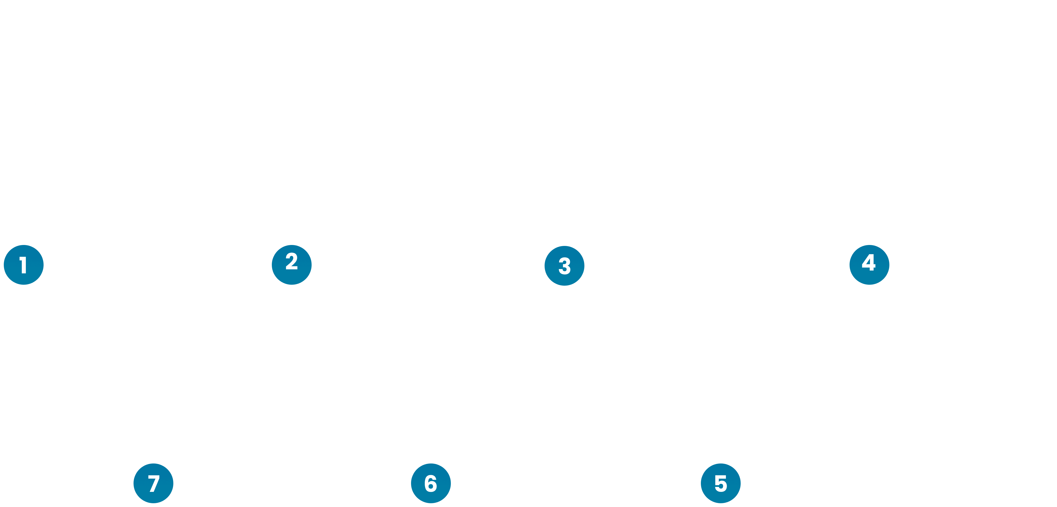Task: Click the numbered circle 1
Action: pyautogui.click(x=23, y=265)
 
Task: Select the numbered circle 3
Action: pyautogui.click(x=564, y=266)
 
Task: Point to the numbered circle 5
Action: pyautogui.click(x=721, y=484)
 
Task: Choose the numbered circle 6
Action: pyautogui.click(x=430, y=484)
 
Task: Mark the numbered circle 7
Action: pyautogui.click(x=153, y=484)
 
